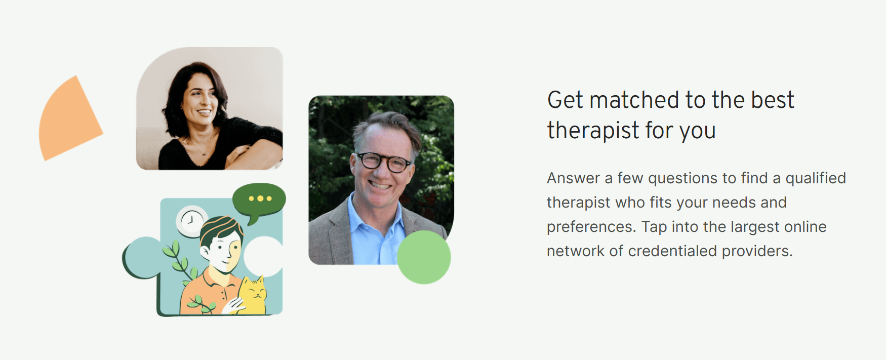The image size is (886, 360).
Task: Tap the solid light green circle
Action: click(x=424, y=257)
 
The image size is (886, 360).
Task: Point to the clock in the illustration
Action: click(x=191, y=221)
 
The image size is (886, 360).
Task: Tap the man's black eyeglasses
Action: click(x=384, y=162)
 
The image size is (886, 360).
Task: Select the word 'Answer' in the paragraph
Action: click(x=573, y=178)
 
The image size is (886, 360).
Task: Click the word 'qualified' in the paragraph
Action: click(x=816, y=178)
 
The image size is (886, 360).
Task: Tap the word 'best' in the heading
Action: click(x=773, y=100)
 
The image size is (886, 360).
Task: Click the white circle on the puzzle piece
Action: click(x=263, y=256)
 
